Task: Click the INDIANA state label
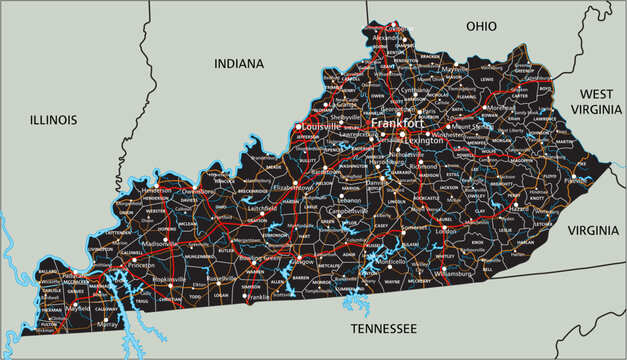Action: coord(239,63)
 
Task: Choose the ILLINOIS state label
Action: coord(53,119)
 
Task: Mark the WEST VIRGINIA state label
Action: coord(597,100)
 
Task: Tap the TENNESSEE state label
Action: coord(383,327)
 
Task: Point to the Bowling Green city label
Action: coord(260,259)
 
